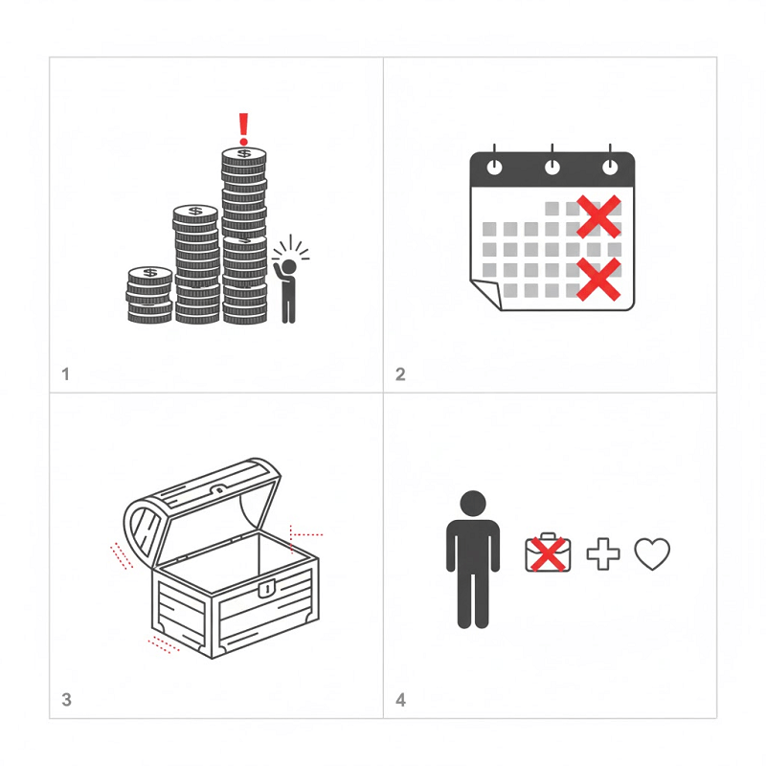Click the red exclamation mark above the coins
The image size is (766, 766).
tap(243, 129)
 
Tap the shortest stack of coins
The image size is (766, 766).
tap(150, 295)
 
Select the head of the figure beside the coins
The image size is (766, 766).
tap(289, 266)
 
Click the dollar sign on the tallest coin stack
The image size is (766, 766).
tap(244, 154)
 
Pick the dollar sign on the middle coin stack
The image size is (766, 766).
tap(195, 211)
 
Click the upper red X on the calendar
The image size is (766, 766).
tap(598, 216)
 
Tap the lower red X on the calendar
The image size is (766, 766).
tap(598, 279)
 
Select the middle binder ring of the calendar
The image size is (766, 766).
tap(552, 163)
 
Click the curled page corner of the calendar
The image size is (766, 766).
tap(486, 294)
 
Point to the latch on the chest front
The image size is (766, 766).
tap(266, 588)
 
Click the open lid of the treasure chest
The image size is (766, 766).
tap(202, 513)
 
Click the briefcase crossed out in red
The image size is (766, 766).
tap(548, 552)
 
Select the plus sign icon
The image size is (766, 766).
tap(603, 553)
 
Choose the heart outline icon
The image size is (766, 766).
tap(652, 554)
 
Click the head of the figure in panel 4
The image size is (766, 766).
tap(473, 504)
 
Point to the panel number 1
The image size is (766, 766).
tap(65, 374)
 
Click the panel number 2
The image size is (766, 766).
tap(400, 374)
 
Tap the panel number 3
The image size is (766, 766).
tap(66, 700)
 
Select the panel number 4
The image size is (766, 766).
tap(400, 700)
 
